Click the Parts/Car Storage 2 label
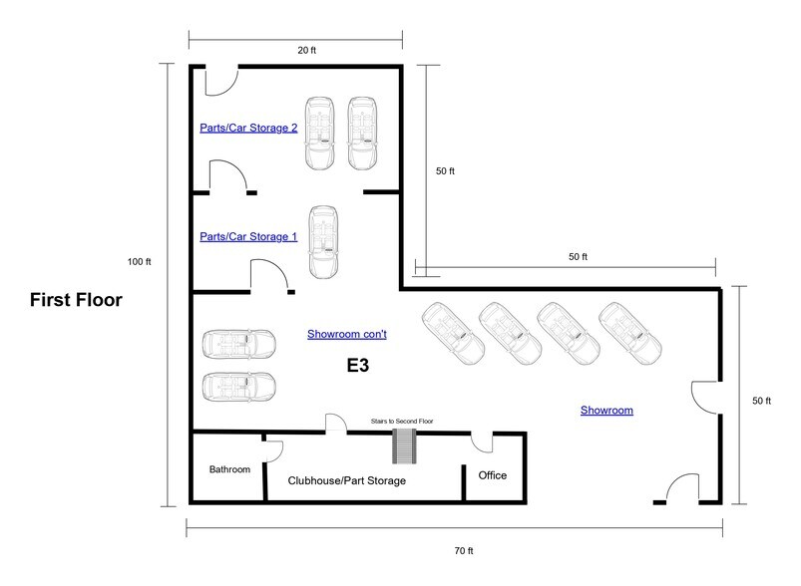tap(248, 128)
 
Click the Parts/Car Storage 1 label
tap(248, 236)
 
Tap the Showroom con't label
tap(346, 335)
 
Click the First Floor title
tap(76, 299)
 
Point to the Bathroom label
tap(228, 468)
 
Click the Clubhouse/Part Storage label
tap(346, 480)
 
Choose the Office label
tap(493, 475)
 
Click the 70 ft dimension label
tap(454, 547)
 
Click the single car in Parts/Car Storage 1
tap(323, 241)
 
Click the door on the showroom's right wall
tap(704, 399)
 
